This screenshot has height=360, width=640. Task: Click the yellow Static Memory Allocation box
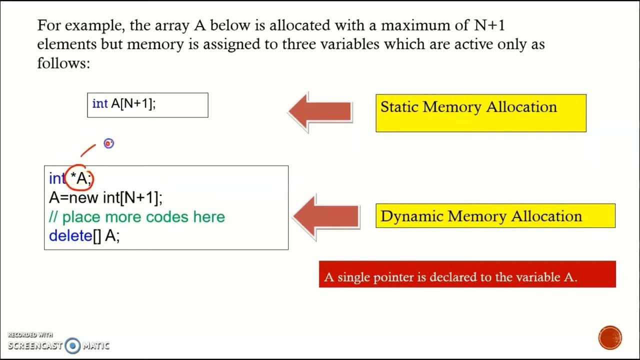(480, 113)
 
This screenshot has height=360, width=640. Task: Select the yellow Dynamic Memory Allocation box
(495, 216)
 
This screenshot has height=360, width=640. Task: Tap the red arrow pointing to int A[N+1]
(321, 111)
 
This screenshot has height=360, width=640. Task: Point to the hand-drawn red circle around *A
(80, 178)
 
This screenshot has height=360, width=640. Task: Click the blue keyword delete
(70, 235)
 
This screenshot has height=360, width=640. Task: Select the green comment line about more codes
(137, 217)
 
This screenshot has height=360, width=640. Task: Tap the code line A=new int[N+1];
(106, 197)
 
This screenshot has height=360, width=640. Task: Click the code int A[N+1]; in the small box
(124, 103)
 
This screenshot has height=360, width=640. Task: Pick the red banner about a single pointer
(467, 274)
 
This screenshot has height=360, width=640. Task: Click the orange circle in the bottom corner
(609, 337)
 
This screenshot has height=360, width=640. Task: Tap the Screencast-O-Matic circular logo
(73, 345)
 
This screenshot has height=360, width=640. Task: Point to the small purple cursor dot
(108, 143)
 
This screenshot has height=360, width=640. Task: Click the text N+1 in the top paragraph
(491, 24)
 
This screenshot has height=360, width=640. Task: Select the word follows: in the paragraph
(63, 63)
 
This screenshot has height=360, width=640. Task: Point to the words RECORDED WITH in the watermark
(30, 335)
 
